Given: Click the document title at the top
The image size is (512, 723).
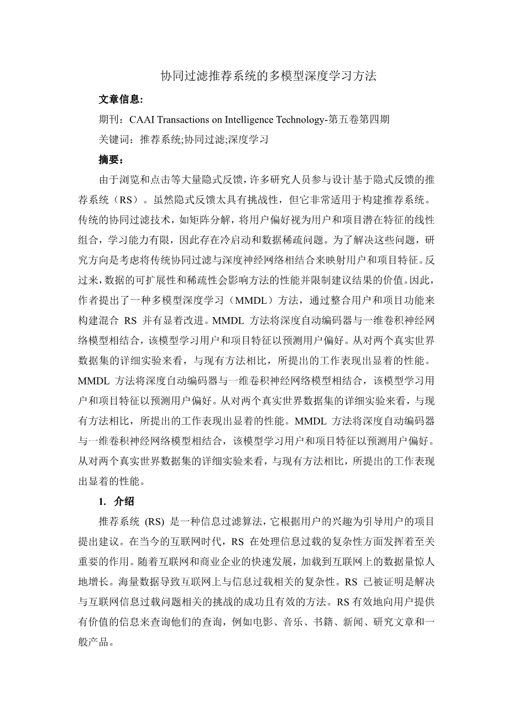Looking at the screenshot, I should click(x=268, y=76).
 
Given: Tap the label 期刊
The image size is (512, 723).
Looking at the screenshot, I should click(x=109, y=119).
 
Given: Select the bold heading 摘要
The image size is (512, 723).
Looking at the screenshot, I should click(x=109, y=160).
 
